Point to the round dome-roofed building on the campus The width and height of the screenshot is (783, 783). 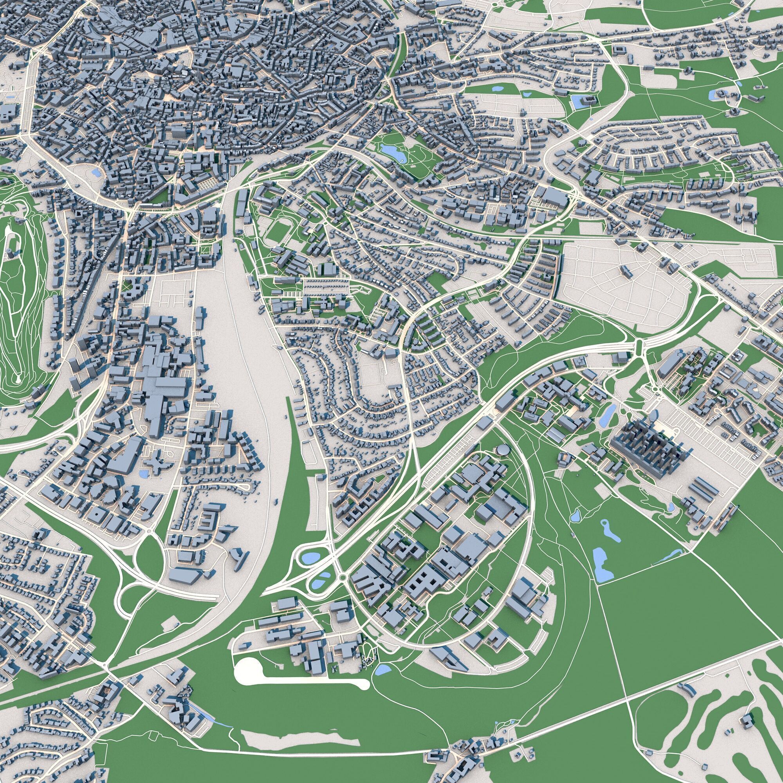(503, 450)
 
